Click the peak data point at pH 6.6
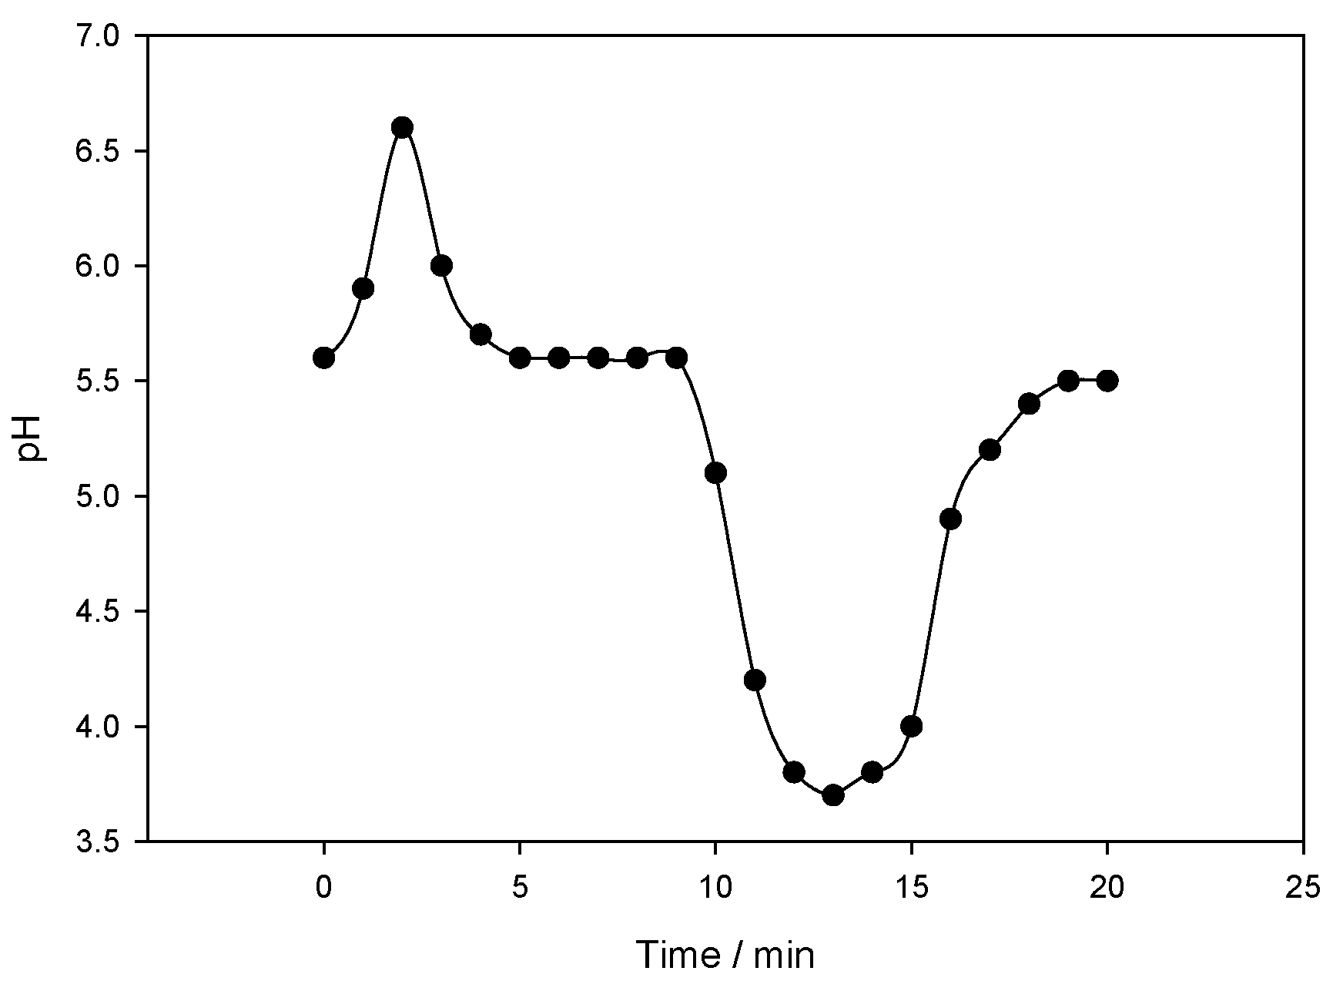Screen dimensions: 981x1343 pos(402,127)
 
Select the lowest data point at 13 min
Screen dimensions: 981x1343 pos(833,795)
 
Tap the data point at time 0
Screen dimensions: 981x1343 pos(323,358)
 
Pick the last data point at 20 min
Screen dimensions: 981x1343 pos(1107,381)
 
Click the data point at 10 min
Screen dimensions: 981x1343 pos(715,472)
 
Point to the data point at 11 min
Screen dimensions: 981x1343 pos(755,680)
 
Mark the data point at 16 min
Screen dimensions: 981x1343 pos(950,519)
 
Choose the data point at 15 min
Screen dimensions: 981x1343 pos(912,726)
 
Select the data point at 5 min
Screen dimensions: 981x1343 pos(520,358)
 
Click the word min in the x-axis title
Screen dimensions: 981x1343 pos(785,956)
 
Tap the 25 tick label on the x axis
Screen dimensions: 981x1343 pos(1303,888)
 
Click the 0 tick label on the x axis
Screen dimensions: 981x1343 pos(323,888)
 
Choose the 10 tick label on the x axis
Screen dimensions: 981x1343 pos(715,888)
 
